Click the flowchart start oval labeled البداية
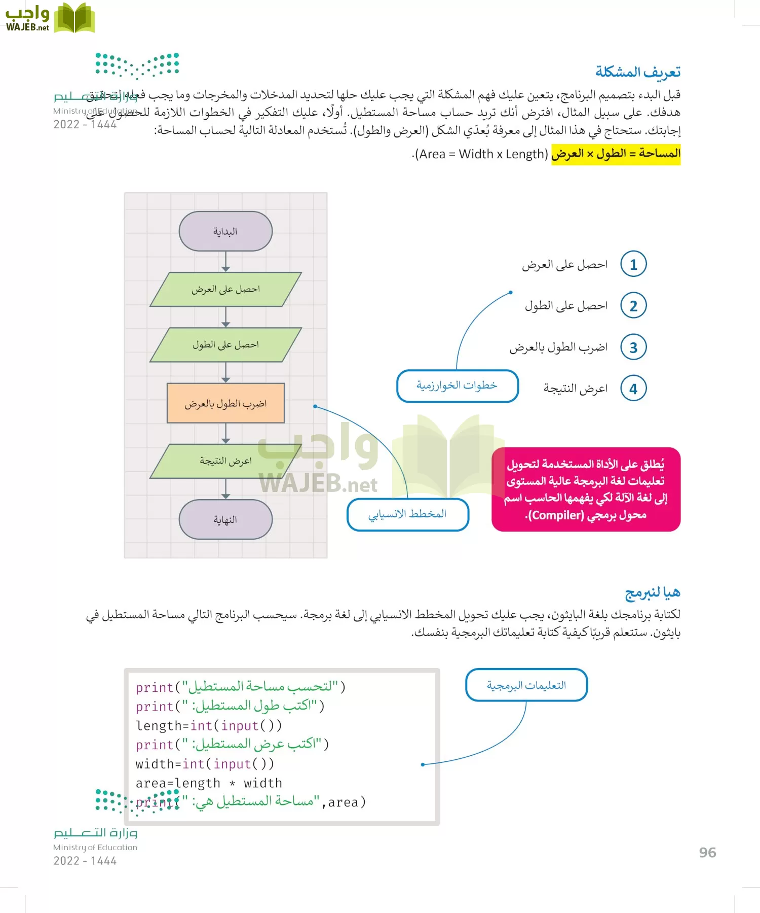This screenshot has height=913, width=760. [225, 231]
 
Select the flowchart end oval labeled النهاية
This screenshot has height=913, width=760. [225, 519]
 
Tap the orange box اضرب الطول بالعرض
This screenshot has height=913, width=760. [225, 403]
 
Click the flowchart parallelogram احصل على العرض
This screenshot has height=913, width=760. [225, 289]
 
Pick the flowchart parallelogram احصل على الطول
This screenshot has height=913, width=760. [225, 345]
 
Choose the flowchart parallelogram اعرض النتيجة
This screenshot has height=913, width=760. [225, 461]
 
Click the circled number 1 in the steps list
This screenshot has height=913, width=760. [633, 264]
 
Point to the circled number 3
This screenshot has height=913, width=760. [633, 347]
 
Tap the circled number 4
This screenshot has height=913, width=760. [633, 389]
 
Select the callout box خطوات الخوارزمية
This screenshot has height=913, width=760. [457, 386]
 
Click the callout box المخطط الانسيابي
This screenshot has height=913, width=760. [407, 514]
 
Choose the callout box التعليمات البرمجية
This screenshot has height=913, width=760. [526, 685]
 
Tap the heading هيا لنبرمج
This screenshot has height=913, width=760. [653, 592]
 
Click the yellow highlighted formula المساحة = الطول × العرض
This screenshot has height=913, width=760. [616, 154]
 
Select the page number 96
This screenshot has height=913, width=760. [707, 853]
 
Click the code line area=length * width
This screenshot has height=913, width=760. [209, 783]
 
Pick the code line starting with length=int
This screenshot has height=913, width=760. [209, 726]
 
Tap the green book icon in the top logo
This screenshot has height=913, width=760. [74, 18]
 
